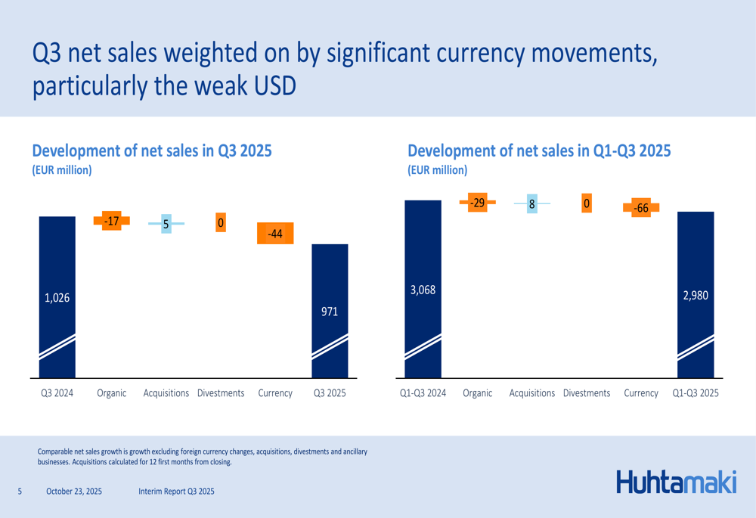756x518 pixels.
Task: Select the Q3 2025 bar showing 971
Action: pos(330,310)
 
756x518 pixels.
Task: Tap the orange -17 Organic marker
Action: pos(112,221)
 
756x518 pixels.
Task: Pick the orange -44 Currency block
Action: pos(275,234)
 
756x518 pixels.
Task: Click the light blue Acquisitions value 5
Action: pos(166,224)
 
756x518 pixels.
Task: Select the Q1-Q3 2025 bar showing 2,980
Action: pos(696,295)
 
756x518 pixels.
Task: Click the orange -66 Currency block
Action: pos(641,208)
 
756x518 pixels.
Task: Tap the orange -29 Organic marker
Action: pos(477,203)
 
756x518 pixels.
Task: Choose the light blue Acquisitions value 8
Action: pos(532,204)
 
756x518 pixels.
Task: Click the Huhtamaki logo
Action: pos(676,482)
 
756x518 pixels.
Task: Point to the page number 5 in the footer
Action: pos(20,492)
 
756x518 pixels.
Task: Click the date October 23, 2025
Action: pos(74,492)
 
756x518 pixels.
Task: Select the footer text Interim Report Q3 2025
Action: pos(177,492)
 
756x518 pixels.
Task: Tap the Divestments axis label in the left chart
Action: pos(221,393)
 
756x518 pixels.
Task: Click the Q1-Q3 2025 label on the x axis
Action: pos(696,393)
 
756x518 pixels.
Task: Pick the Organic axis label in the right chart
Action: pos(477,393)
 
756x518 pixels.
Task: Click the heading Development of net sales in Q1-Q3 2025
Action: pos(539,150)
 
